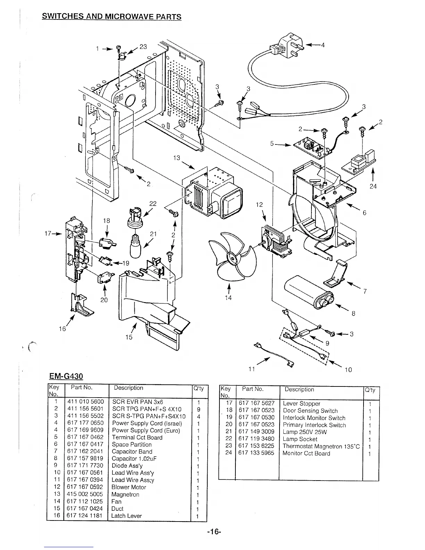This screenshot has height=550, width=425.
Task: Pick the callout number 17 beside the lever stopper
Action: click(x=48, y=234)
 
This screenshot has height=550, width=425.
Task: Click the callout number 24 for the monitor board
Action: click(x=373, y=186)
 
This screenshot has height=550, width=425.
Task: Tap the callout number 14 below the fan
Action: click(x=228, y=298)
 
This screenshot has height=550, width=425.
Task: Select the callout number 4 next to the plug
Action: click(x=323, y=45)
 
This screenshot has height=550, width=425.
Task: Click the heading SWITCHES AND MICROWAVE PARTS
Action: click(x=111, y=17)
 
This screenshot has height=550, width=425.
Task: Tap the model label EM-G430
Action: click(x=66, y=376)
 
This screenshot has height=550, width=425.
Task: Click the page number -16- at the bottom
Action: click(x=212, y=532)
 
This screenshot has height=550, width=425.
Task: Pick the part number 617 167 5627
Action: click(x=256, y=403)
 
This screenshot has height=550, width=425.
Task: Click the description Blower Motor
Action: click(x=128, y=487)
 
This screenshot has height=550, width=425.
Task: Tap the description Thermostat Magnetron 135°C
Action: click(x=321, y=446)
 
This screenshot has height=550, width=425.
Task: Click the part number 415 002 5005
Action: click(x=85, y=494)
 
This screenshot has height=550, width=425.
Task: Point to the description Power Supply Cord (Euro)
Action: click(x=146, y=431)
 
